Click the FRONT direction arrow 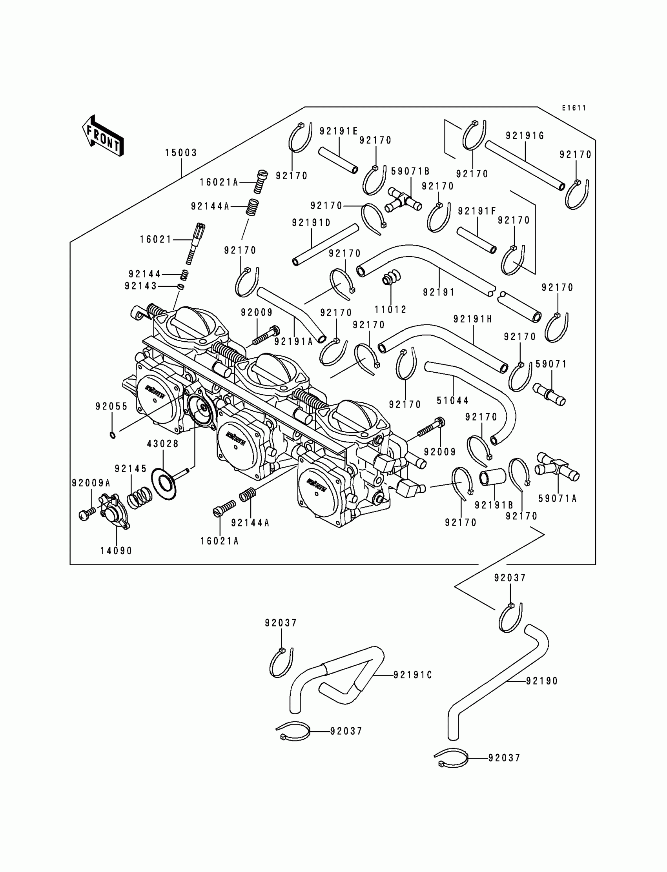coord(103,136)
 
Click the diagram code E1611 coord(574,108)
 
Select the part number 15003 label coord(181,153)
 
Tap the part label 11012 coord(391,309)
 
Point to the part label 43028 coord(163,444)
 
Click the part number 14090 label coord(116,550)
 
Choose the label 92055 coord(111,406)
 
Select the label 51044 coord(453,401)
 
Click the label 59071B coord(410,171)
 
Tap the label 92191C coord(412,675)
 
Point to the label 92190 coord(542,681)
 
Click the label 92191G coord(525,136)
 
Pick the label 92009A coord(91,483)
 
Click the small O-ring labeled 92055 coord(113,436)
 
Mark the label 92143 coord(140,286)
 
